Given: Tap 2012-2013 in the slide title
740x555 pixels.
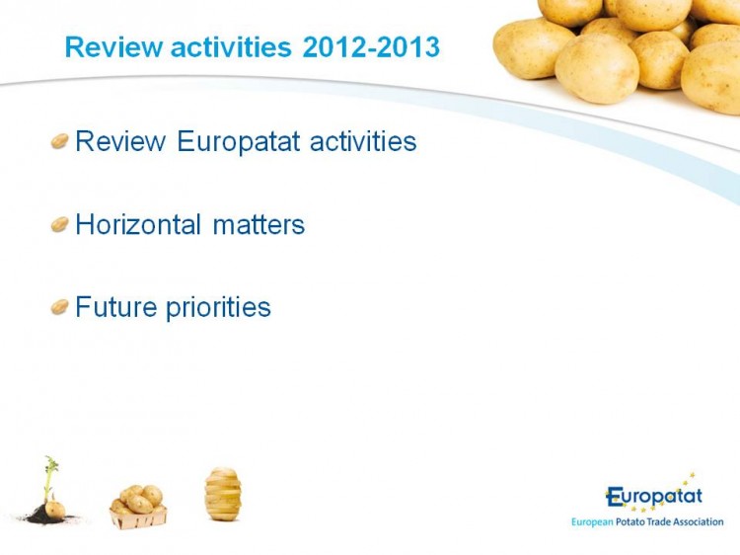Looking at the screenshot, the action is tap(371, 47).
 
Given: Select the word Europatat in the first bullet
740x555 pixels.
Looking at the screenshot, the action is tap(239, 142).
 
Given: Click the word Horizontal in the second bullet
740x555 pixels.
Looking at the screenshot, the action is tap(138, 224).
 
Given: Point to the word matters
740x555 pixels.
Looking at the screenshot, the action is tap(259, 225).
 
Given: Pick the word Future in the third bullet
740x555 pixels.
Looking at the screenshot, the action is tap(116, 307).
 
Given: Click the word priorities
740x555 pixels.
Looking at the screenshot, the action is tap(218, 308).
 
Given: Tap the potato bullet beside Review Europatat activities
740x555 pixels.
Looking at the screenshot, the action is tap(60, 141).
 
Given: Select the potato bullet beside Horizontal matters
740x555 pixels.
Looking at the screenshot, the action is tap(60, 224).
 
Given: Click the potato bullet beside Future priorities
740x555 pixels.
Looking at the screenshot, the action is tap(60, 307).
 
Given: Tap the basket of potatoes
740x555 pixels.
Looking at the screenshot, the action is tap(138, 507).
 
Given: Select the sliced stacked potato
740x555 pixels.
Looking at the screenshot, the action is tap(223, 494).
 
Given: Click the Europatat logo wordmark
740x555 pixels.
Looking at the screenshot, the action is tap(654, 497).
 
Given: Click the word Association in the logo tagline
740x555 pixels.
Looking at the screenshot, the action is tap(698, 522).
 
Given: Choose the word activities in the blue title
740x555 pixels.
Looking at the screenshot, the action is tap(231, 47).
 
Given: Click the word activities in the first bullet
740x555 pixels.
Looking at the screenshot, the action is tap(363, 141).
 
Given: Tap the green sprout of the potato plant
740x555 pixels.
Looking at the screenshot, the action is tap(50, 476).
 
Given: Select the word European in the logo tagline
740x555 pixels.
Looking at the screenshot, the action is tap(592, 522).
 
